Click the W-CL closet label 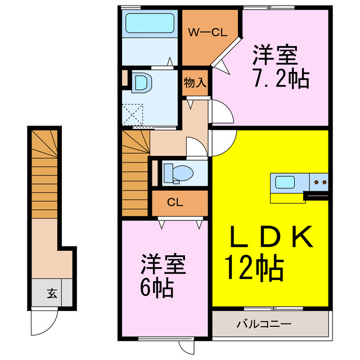click(x=207, y=32)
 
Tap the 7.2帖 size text click(x=280, y=79)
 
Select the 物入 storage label click(x=195, y=83)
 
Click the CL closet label click(x=174, y=202)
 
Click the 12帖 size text click(x=254, y=269)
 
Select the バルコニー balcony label click(x=263, y=325)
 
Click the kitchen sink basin click(x=284, y=182)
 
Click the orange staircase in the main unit click(x=134, y=174)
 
